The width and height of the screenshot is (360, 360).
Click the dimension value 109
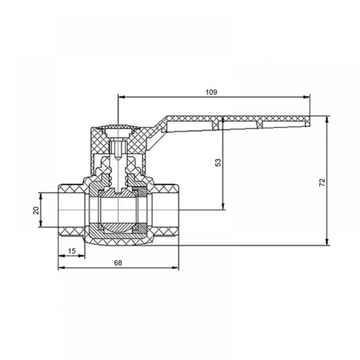(211, 92)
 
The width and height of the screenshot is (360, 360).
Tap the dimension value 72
(322, 182)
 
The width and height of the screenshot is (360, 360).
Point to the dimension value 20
(36, 210)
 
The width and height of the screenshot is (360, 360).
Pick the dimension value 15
(72, 251)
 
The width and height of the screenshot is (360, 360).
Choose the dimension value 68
(118, 263)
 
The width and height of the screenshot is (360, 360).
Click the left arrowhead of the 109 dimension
(121, 97)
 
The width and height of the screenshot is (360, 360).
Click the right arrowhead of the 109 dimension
(306, 97)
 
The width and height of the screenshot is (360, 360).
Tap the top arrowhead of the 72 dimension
(327, 120)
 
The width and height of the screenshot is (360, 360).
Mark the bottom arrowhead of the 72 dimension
(327, 242)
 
